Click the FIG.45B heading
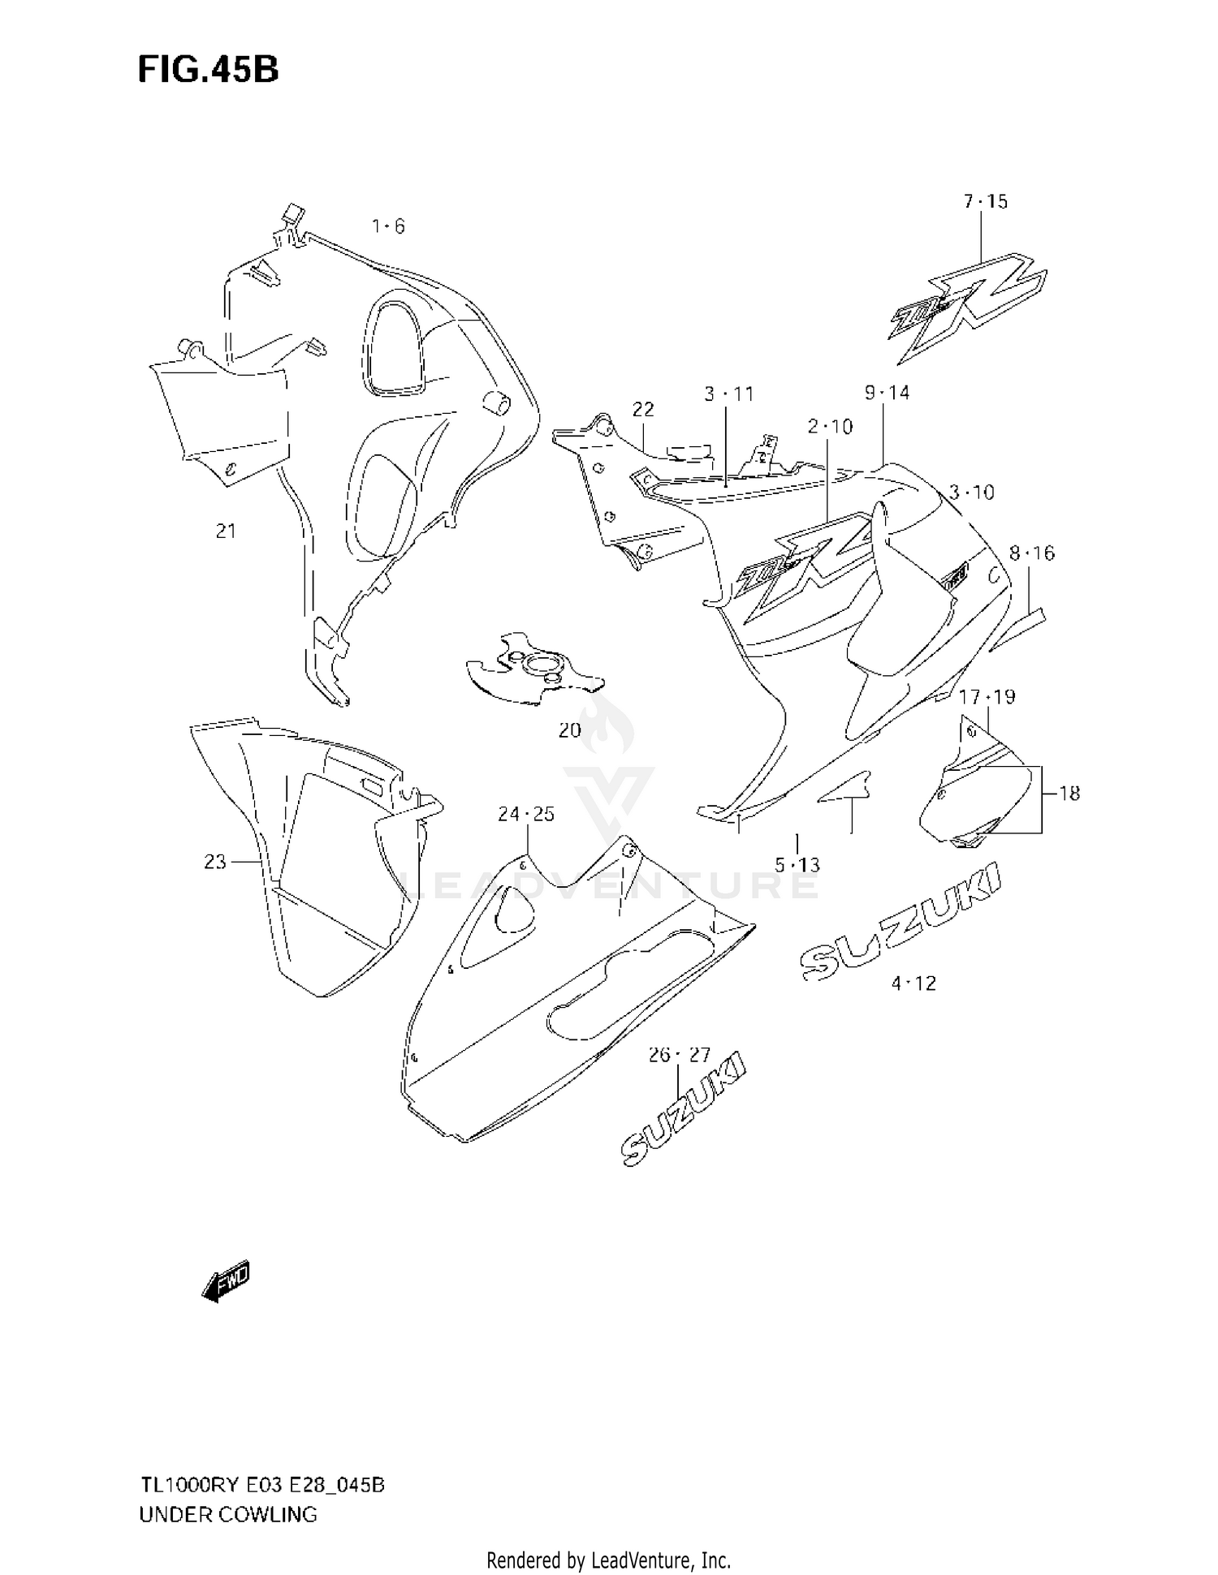[208, 71]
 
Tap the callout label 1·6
[388, 226]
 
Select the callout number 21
[226, 531]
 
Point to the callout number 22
[643, 410]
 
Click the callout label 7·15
[986, 201]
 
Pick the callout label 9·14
[888, 393]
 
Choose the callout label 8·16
[1032, 553]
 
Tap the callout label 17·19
[987, 696]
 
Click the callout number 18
[1069, 793]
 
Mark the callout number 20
[569, 730]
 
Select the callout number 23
[215, 861]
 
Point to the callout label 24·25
[526, 814]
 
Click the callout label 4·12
[914, 983]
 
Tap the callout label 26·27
[680, 1055]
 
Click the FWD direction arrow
[226, 1282]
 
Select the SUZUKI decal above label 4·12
[901, 925]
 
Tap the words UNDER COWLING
[228, 1514]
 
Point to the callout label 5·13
[797, 865]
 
